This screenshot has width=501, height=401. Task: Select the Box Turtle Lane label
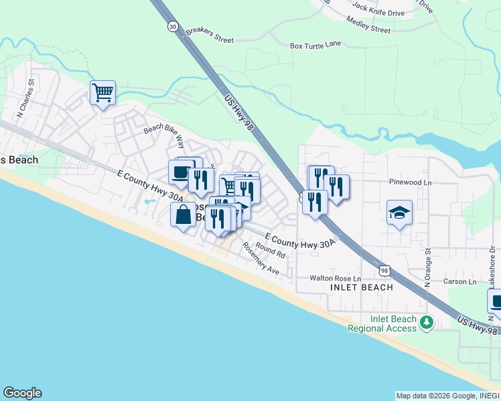315,46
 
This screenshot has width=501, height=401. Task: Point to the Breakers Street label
210,35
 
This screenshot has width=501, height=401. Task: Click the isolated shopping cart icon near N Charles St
102,92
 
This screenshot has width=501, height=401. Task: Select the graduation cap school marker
399,213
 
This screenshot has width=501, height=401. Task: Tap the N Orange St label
427,267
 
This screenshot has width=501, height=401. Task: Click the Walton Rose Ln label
335,278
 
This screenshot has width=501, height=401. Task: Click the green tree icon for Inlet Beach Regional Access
426,323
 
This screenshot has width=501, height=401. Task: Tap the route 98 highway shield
384,270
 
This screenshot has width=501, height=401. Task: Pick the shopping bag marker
183,215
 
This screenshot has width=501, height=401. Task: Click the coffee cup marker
180,172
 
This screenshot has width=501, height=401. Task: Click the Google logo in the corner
22,393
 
